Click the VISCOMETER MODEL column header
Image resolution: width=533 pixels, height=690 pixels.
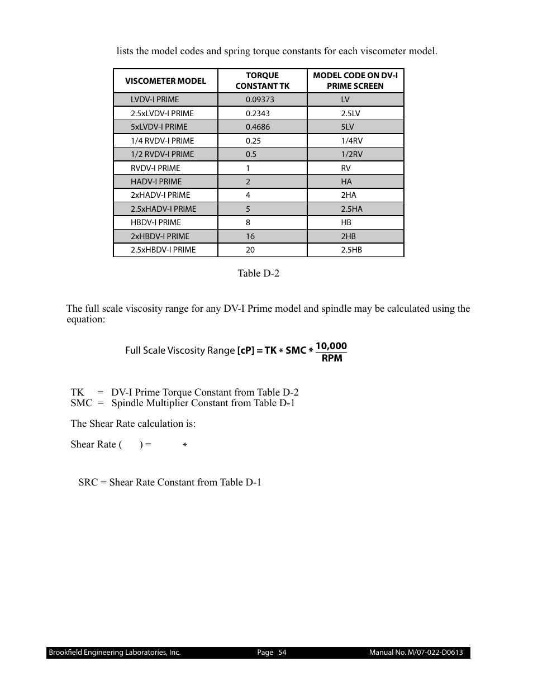pos(165,81)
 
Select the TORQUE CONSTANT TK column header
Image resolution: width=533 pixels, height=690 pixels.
pos(262,80)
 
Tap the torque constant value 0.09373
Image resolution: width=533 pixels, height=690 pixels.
pos(260,99)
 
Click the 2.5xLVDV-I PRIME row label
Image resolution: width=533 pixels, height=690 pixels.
pos(162,113)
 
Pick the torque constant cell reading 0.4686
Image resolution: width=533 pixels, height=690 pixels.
pos(258,127)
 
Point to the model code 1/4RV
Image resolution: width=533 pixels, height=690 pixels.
pos(351,141)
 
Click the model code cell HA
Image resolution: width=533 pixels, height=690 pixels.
pos(346,182)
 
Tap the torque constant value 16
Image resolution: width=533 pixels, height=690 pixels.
pos(250,236)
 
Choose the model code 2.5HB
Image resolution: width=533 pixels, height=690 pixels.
pos(351,250)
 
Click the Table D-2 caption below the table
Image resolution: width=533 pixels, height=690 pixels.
pos(258,273)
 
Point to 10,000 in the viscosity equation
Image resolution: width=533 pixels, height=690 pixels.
pos(331,346)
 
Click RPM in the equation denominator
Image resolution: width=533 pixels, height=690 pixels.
pos(332,358)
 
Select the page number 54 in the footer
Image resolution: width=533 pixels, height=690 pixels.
pos(282,653)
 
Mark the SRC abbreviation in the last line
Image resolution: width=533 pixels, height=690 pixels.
pos(88,482)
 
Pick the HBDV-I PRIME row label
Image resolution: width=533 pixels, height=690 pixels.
pos(156,222)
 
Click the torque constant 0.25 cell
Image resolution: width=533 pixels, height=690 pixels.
pos(253,141)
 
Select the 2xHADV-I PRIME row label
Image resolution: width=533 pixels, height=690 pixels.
pos(160,195)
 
